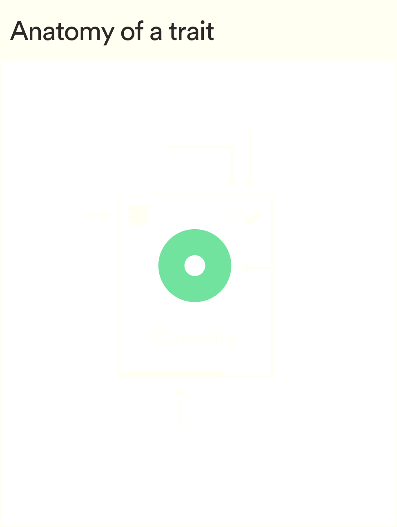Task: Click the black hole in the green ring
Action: pyautogui.click(x=194, y=266)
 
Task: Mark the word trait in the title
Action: pyautogui.click(x=191, y=32)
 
